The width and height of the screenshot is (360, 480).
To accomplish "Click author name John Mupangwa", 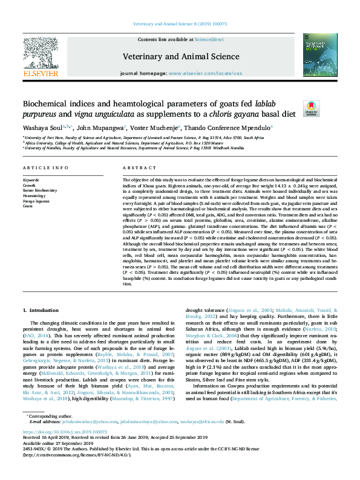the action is click(x=97, y=128).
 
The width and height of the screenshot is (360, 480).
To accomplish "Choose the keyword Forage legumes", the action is click(x=36, y=201).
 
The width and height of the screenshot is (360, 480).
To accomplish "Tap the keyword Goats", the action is click(x=27, y=206).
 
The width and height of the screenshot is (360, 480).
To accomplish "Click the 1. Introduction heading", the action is click(x=41, y=310).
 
